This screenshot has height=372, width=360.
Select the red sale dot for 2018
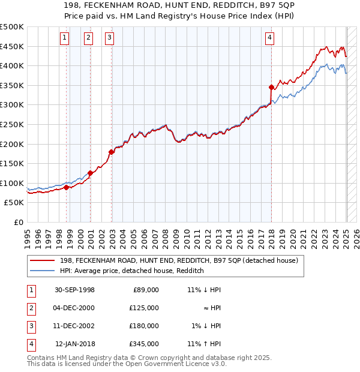click(271, 87)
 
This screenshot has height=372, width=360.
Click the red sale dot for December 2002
click(112, 152)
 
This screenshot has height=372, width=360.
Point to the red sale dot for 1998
click(67, 187)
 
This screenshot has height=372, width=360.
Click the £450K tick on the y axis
click(12, 46)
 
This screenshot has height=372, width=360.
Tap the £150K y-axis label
click(12, 163)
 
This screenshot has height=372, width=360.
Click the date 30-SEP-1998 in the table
click(75, 290)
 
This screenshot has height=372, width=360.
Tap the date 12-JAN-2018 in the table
click(75, 344)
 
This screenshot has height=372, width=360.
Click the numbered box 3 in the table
click(31, 326)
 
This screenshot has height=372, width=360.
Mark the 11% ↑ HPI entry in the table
click(204, 344)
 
